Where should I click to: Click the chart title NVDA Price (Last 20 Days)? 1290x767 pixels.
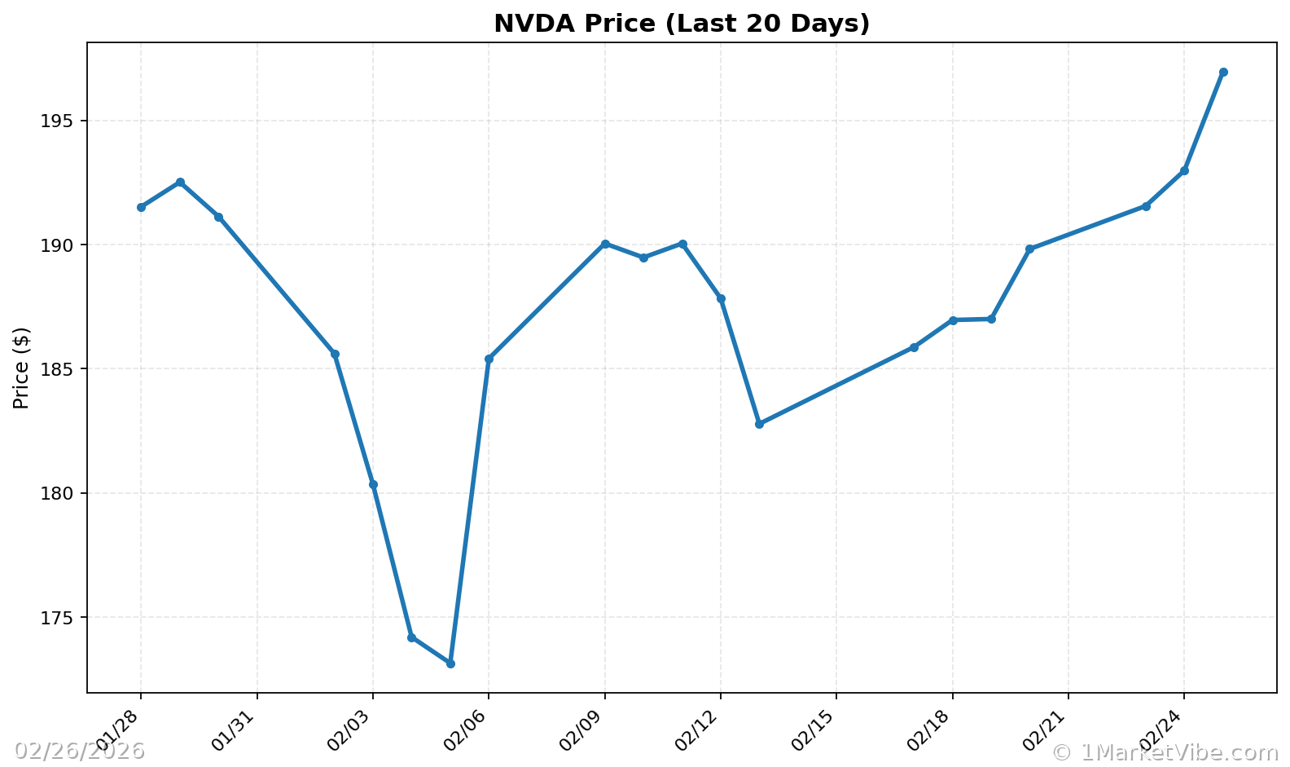(x=682, y=24)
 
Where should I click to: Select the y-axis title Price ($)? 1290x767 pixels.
(x=22, y=368)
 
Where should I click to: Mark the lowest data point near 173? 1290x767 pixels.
(x=450, y=663)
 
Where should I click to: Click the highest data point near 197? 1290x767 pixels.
(x=1223, y=73)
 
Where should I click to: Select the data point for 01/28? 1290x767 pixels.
(x=141, y=207)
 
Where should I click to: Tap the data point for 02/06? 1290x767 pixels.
(x=489, y=359)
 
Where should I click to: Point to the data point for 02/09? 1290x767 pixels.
(x=605, y=244)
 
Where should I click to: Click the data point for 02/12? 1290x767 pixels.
(x=721, y=298)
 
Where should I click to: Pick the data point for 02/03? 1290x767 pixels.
(x=373, y=484)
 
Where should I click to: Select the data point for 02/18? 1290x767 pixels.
(x=953, y=320)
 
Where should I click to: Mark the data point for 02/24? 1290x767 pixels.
(x=1184, y=170)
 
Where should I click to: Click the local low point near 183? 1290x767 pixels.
(x=759, y=424)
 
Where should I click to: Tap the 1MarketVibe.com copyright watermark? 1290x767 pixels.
(x=1165, y=752)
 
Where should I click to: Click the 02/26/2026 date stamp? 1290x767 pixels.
(x=79, y=751)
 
